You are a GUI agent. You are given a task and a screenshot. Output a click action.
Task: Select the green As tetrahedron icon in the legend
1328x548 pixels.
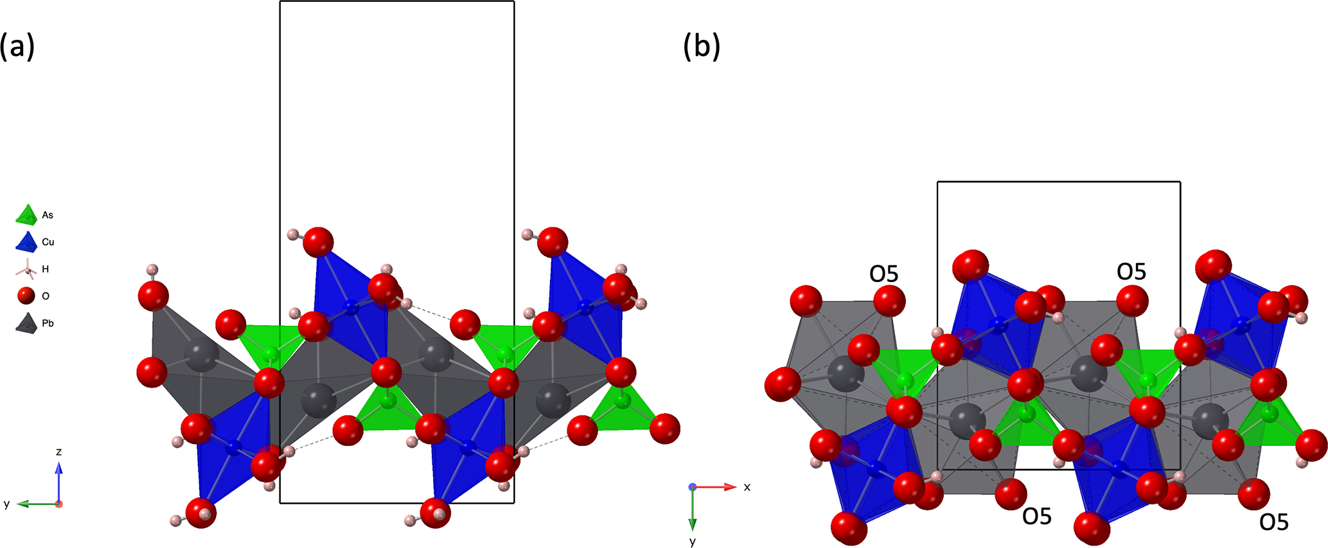[26, 215]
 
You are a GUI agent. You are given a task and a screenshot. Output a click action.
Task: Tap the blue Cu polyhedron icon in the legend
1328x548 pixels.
[26, 242]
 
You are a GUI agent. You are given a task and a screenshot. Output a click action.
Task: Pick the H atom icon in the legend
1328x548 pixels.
[26, 269]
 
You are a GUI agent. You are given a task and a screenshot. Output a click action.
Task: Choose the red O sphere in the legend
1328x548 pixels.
[26, 296]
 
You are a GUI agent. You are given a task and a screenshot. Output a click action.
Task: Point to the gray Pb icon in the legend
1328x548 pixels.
[26, 323]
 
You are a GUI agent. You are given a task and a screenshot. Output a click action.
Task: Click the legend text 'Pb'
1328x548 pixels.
[48, 323]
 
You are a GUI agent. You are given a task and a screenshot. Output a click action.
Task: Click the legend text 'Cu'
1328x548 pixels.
[48, 242]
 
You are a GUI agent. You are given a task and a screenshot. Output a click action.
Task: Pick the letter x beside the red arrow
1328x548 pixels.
[747, 487]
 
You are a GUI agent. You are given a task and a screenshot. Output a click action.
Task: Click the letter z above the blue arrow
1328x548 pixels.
[58, 452]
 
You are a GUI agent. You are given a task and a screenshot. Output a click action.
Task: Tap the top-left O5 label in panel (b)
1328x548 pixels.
[883, 274]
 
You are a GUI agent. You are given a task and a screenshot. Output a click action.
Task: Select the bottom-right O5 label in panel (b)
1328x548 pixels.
[1273, 522]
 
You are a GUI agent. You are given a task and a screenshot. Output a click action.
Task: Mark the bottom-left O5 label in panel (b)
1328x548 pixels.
[1036, 516]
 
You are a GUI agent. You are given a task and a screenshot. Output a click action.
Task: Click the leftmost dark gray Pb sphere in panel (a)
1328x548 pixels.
[202, 355]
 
